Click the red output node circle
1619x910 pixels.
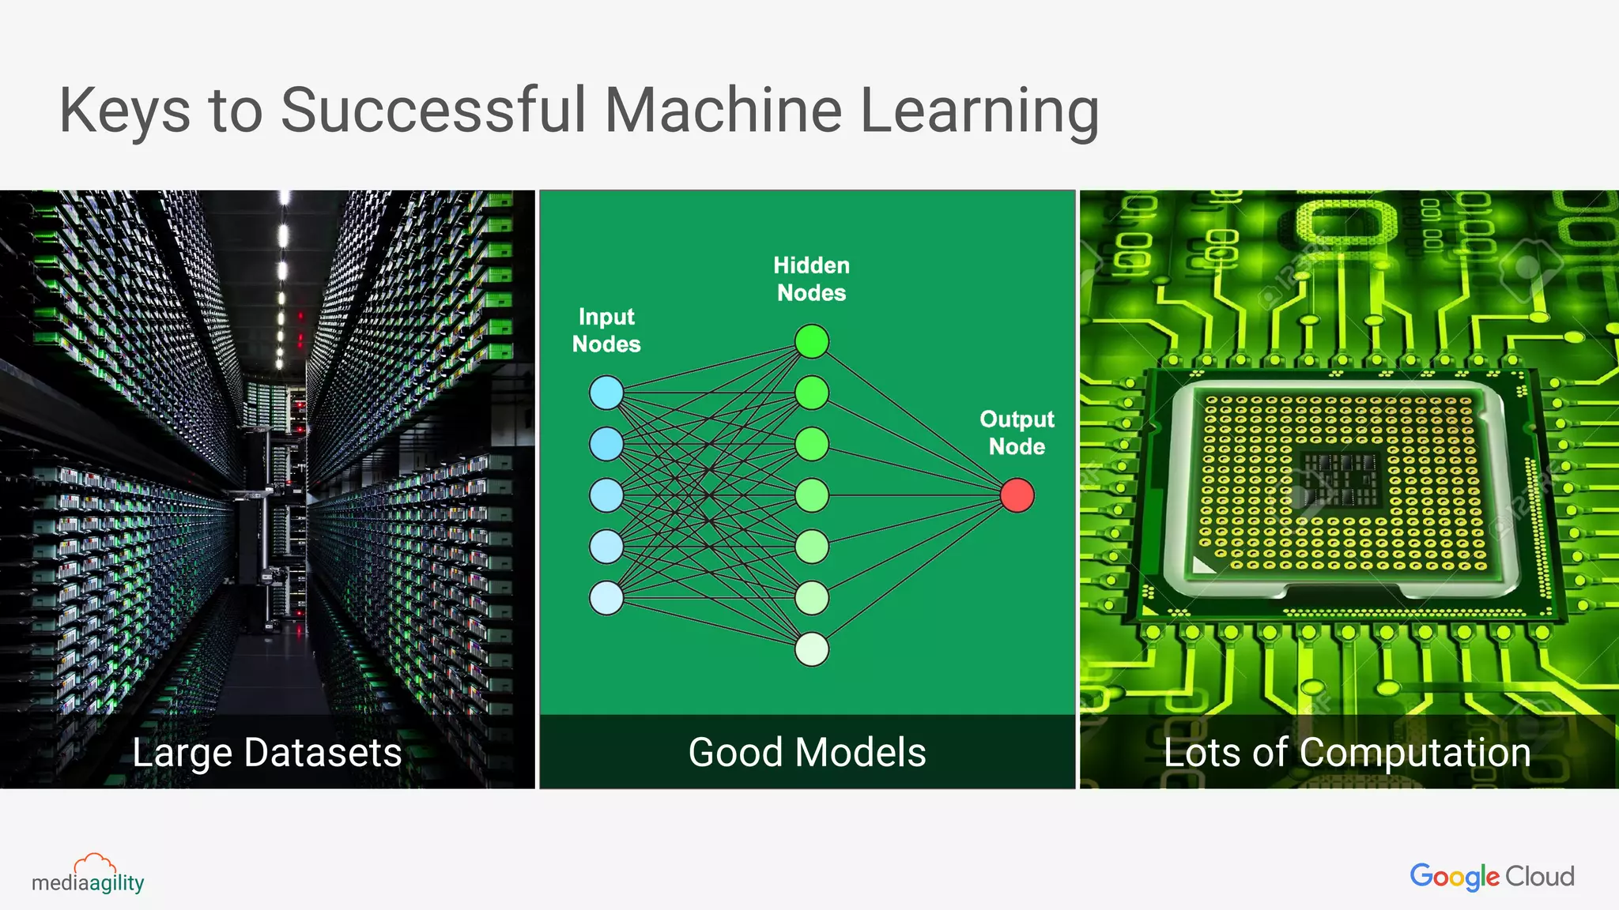click(1017, 495)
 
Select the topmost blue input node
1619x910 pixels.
click(606, 393)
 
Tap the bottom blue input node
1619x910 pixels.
click(606, 598)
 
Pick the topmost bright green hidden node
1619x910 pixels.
click(812, 341)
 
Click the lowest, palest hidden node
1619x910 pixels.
click(812, 649)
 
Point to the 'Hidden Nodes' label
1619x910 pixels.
click(811, 279)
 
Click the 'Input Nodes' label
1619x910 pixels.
click(606, 330)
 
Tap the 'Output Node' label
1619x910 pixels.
click(1017, 433)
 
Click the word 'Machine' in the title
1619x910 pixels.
click(723, 110)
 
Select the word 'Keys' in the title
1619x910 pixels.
click(125, 111)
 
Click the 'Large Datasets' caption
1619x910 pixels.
click(267, 752)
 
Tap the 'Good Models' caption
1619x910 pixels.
click(807, 752)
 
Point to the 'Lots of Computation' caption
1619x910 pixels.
click(1347, 752)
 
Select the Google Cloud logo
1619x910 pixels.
click(1492, 876)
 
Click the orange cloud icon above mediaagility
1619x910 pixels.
click(94, 863)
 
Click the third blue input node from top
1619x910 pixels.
click(606, 495)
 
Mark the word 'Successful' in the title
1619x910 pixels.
click(433, 110)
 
